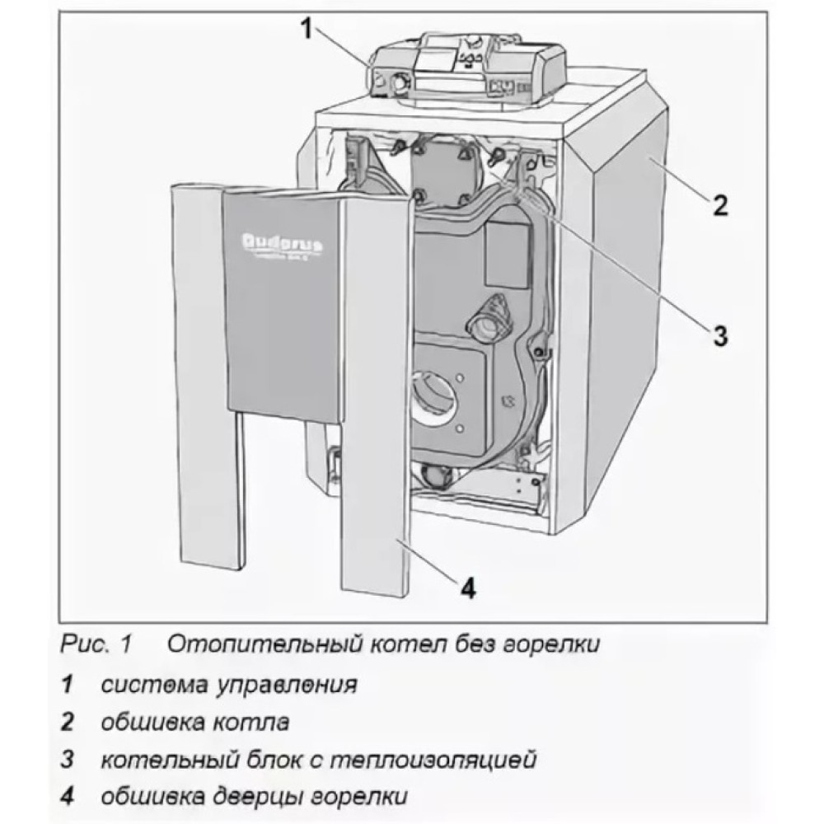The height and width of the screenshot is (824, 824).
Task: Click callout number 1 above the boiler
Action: pos(306,31)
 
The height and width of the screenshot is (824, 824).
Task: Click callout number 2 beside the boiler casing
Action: pos(720,204)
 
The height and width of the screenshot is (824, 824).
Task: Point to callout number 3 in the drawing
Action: pos(719,335)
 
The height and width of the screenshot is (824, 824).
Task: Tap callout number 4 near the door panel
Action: pos(467,588)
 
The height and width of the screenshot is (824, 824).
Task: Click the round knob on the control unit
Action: pos(398,84)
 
